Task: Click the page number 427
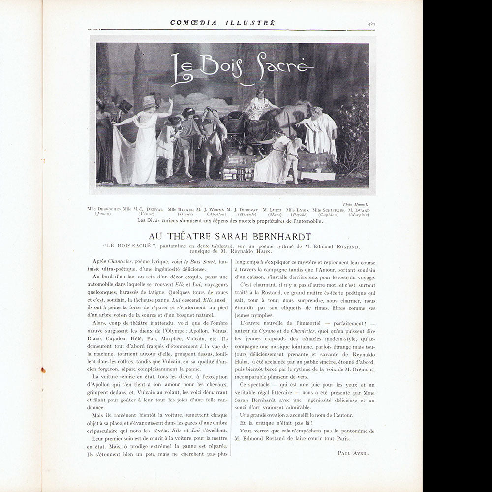[371, 23]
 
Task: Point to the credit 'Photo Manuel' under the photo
[355, 204]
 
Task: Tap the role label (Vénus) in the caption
[145, 214]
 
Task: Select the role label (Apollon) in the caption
[216, 214]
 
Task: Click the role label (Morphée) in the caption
[359, 214]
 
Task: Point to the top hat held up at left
[125, 106]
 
